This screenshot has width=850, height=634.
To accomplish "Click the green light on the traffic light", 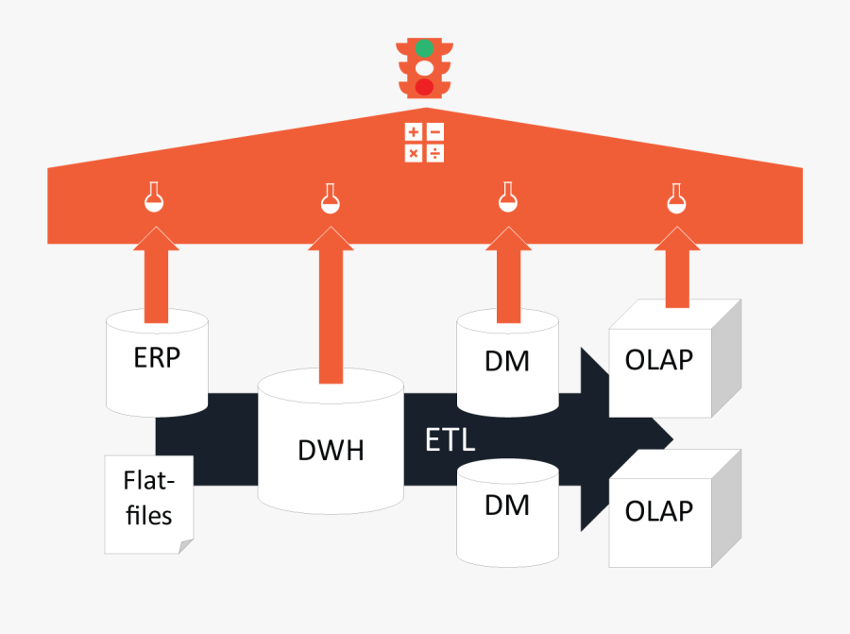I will (x=424, y=47).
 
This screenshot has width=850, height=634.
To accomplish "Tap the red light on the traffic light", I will (x=424, y=87).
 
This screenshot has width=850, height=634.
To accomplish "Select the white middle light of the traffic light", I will (x=424, y=67).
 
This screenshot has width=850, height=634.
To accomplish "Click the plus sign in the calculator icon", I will (x=414, y=133).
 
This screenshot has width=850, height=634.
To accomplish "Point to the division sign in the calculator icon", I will (x=435, y=152).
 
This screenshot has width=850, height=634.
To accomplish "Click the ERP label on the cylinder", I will (x=157, y=359).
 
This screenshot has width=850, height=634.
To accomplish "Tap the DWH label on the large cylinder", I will (x=331, y=450).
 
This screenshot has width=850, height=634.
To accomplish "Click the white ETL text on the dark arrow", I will (x=450, y=440).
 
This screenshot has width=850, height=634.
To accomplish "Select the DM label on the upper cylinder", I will (x=507, y=361).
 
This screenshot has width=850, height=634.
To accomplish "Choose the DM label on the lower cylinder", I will (x=507, y=505).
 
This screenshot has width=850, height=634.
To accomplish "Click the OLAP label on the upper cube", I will (x=659, y=360).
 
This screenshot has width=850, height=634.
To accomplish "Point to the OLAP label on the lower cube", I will (x=659, y=511).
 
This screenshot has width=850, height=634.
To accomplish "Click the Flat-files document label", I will (x=148, y=499).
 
